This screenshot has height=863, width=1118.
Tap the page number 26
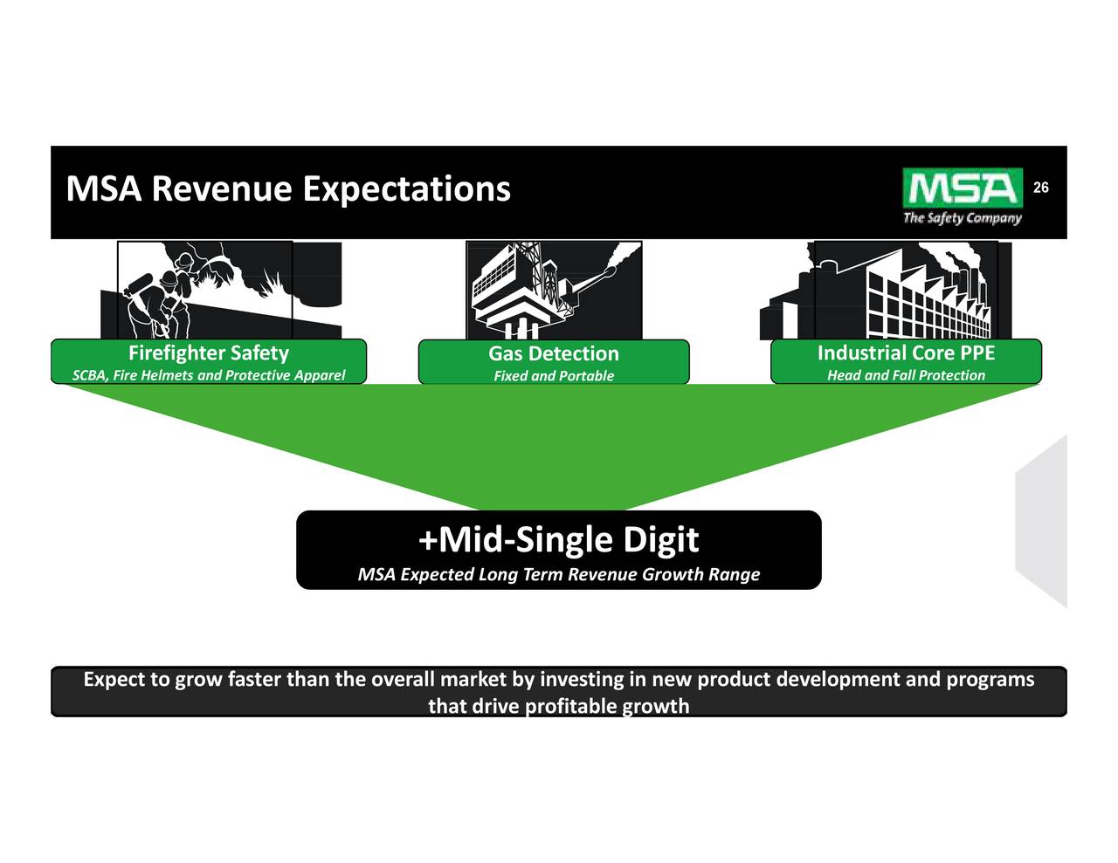[1041, 188]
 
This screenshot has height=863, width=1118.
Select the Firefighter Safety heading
[208, 353]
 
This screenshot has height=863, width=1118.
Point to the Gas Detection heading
[553, 354]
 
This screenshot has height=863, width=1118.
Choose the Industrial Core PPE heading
[906, 353]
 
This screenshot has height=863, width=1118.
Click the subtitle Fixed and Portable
[553, 376]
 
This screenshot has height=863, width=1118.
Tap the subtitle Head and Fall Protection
[906, 375]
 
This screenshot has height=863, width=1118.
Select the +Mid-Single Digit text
[558, 539]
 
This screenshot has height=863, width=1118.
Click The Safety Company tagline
[962, 217]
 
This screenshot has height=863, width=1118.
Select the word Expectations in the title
[406, 188]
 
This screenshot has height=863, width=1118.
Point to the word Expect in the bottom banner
[114, 680]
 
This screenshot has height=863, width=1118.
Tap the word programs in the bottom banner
[990, 680]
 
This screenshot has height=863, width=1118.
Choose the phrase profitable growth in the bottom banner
[606, 706]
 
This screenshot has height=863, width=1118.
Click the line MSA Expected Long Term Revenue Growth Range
[558, 574]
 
